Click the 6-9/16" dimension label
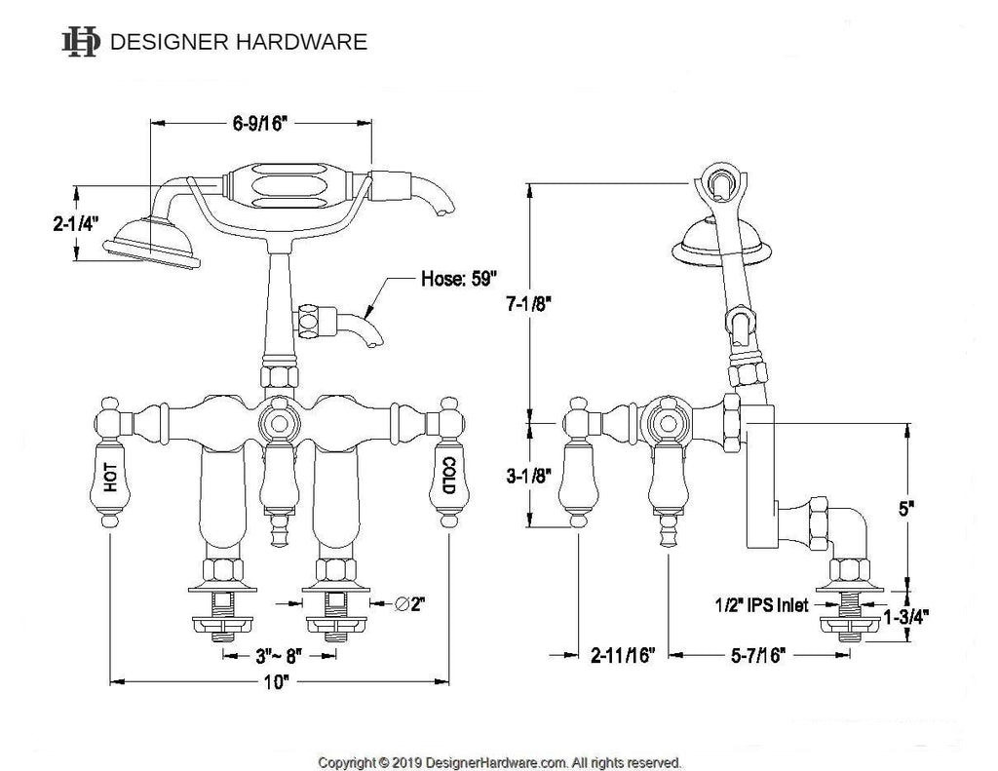click(x=260, y=124)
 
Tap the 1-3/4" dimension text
click(x=906, y=616)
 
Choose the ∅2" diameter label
click(x=407, y=604)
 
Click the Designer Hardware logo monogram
click(x=81, y=42)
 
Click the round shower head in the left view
click(x=154, y=238)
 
